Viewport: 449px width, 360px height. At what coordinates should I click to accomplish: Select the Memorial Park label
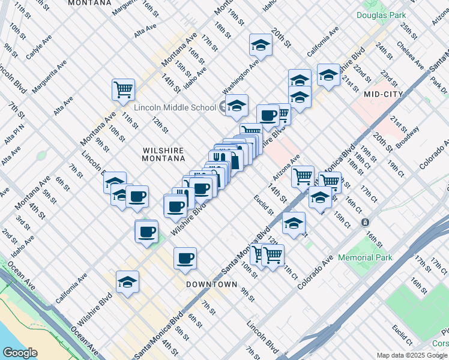coord(365,257)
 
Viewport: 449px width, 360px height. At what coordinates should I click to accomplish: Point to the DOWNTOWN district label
coord(211,284)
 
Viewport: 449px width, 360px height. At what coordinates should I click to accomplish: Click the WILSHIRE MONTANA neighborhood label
coord(163,154)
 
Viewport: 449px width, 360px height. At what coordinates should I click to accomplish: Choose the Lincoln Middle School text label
coord(175,107)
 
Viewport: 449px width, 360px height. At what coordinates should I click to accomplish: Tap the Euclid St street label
coord(264,205)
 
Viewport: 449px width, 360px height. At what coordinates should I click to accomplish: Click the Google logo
coord(19,353)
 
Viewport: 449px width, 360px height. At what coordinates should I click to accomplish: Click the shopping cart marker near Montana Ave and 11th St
coord(123,89)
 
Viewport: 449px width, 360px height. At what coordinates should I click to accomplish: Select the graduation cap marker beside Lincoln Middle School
coord(237,105)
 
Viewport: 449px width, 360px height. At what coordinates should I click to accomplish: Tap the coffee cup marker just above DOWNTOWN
coord(185,257)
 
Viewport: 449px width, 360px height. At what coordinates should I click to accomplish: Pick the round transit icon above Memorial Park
coord(365,222)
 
